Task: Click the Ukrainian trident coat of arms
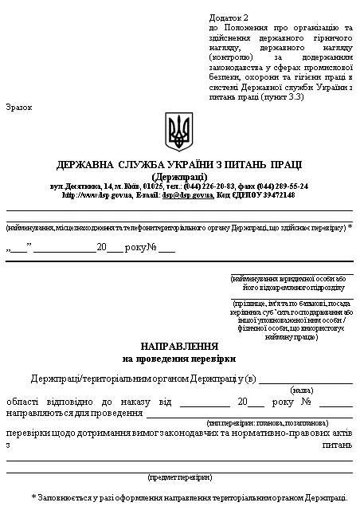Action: click(178, 131)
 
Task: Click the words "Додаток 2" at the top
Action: click(229, 16)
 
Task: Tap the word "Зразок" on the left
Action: click(19, 106)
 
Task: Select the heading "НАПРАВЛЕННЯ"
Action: click(179, 347)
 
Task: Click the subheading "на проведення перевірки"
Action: click(179, 359)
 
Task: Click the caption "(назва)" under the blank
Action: click(302, 390)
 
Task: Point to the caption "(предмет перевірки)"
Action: click(179, 477)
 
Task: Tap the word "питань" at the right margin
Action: click(337, 445)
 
